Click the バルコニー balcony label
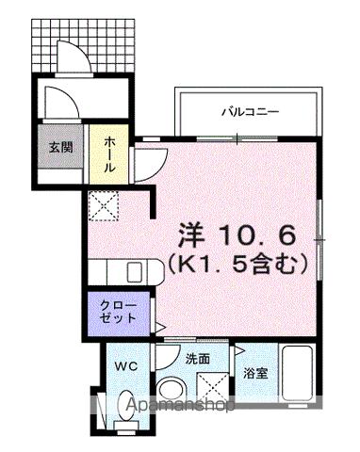[x=250, y=111]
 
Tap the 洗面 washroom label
[x=197, y=359]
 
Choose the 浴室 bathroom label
[x=255, y=373]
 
